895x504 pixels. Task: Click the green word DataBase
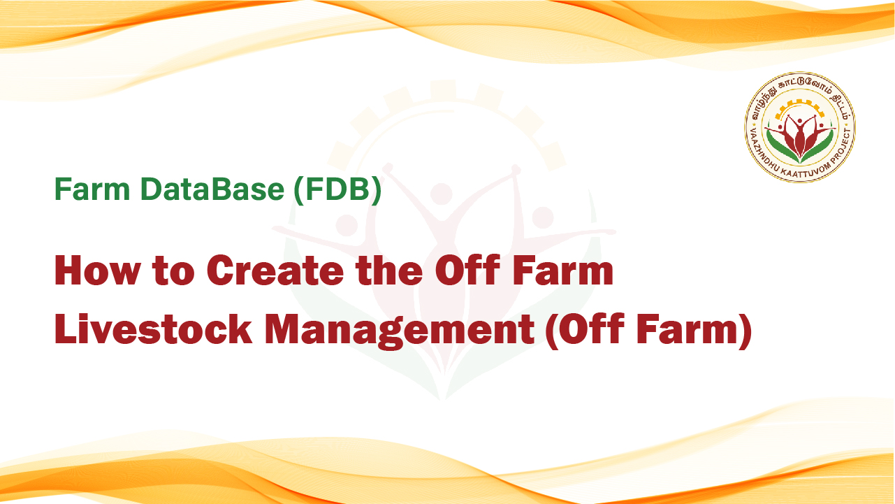[x=212, y=189]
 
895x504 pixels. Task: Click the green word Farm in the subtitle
[x=92, y=189]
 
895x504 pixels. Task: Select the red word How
[x=98, y=271]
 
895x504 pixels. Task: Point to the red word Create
[x=275, y=271]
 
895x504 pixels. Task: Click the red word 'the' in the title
[x=389, y=271]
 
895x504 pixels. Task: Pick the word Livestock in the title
[x=154, y=329]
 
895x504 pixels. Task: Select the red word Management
[x=400, y=332]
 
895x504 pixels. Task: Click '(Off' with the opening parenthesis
[x=585, y=330]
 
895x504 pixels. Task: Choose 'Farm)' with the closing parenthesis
[x=694, y=330]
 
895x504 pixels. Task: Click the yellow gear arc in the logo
[x=799, y=104]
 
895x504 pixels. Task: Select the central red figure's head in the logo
[x=799, y=121]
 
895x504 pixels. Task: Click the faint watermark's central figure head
[x=442, y=194]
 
